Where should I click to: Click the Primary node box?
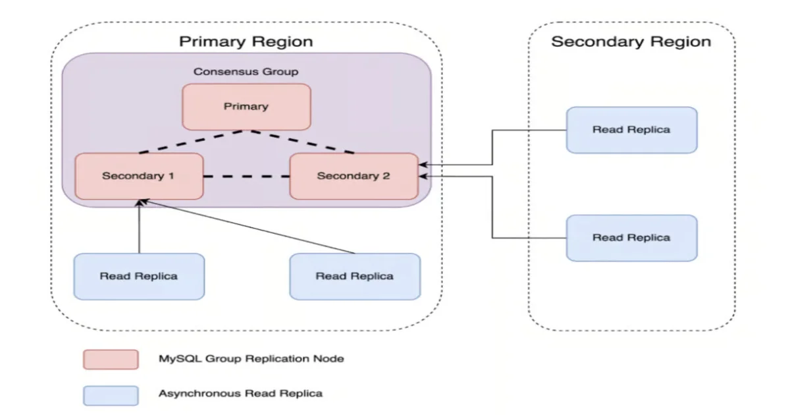246,106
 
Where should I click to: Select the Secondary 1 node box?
139,176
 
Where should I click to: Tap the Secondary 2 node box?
354,176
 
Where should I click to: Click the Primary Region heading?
246,41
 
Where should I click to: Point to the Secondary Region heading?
631,41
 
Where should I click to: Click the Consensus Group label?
246,71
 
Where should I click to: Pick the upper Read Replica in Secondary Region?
631,130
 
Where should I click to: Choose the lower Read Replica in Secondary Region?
631,237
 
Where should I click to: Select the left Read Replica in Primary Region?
139,276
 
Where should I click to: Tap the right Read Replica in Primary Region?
354,276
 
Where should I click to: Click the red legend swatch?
111,359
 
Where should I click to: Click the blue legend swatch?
111,395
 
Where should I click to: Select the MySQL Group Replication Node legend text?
251,359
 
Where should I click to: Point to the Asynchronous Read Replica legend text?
240,394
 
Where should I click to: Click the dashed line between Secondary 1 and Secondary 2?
246,177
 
